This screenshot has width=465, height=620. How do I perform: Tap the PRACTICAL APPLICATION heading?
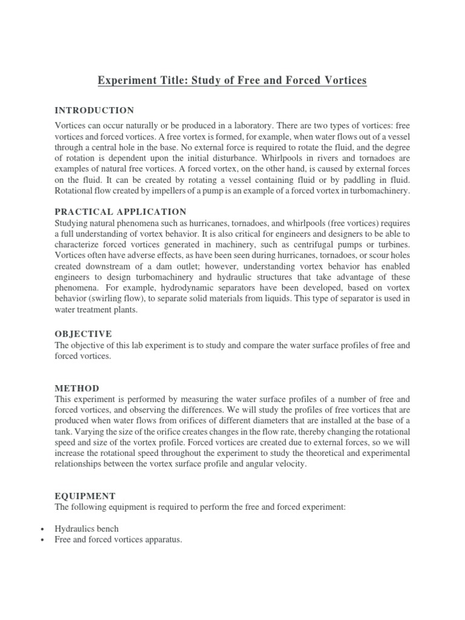tap(120, 211)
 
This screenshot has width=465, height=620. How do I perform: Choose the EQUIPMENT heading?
tap(85, 495)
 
